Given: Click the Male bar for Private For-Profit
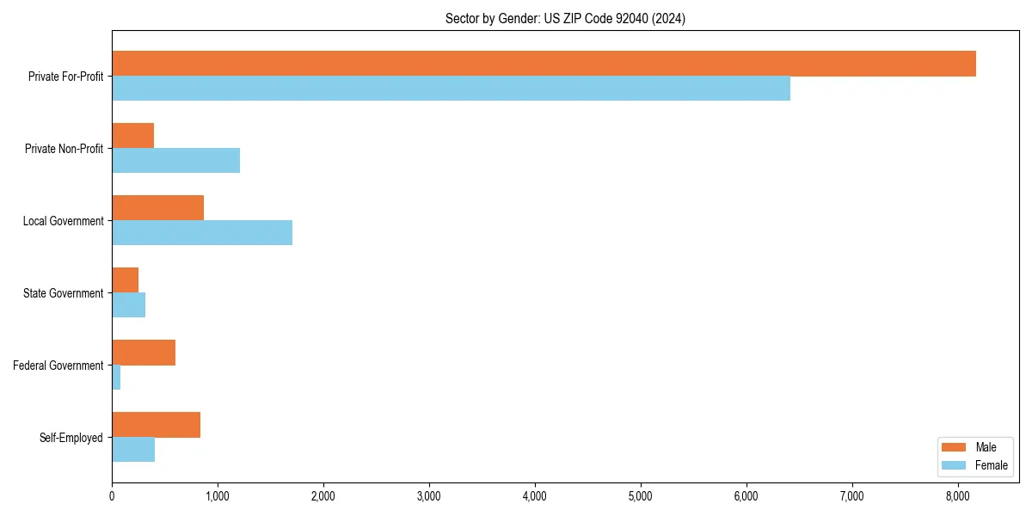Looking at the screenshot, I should (544, 64).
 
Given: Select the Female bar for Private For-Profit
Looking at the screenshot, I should (451, 89).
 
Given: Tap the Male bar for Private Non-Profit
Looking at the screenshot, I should (132, 136).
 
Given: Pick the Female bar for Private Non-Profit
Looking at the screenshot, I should (175, 161).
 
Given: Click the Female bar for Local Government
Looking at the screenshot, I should (202, 233).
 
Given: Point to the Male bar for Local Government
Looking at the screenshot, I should (157, 208).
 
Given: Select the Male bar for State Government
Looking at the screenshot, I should (125, 280).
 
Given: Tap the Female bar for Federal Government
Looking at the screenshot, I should (116, 378).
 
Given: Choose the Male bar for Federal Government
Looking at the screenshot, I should (144, 353).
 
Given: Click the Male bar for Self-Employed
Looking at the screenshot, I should (156, 425).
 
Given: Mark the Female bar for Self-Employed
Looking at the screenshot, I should (133, 450).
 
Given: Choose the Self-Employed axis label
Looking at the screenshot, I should (71, 438).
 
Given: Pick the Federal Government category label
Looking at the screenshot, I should (58, 365).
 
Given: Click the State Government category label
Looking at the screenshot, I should (64, 293).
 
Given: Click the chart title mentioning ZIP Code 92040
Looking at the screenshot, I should (565, 18).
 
